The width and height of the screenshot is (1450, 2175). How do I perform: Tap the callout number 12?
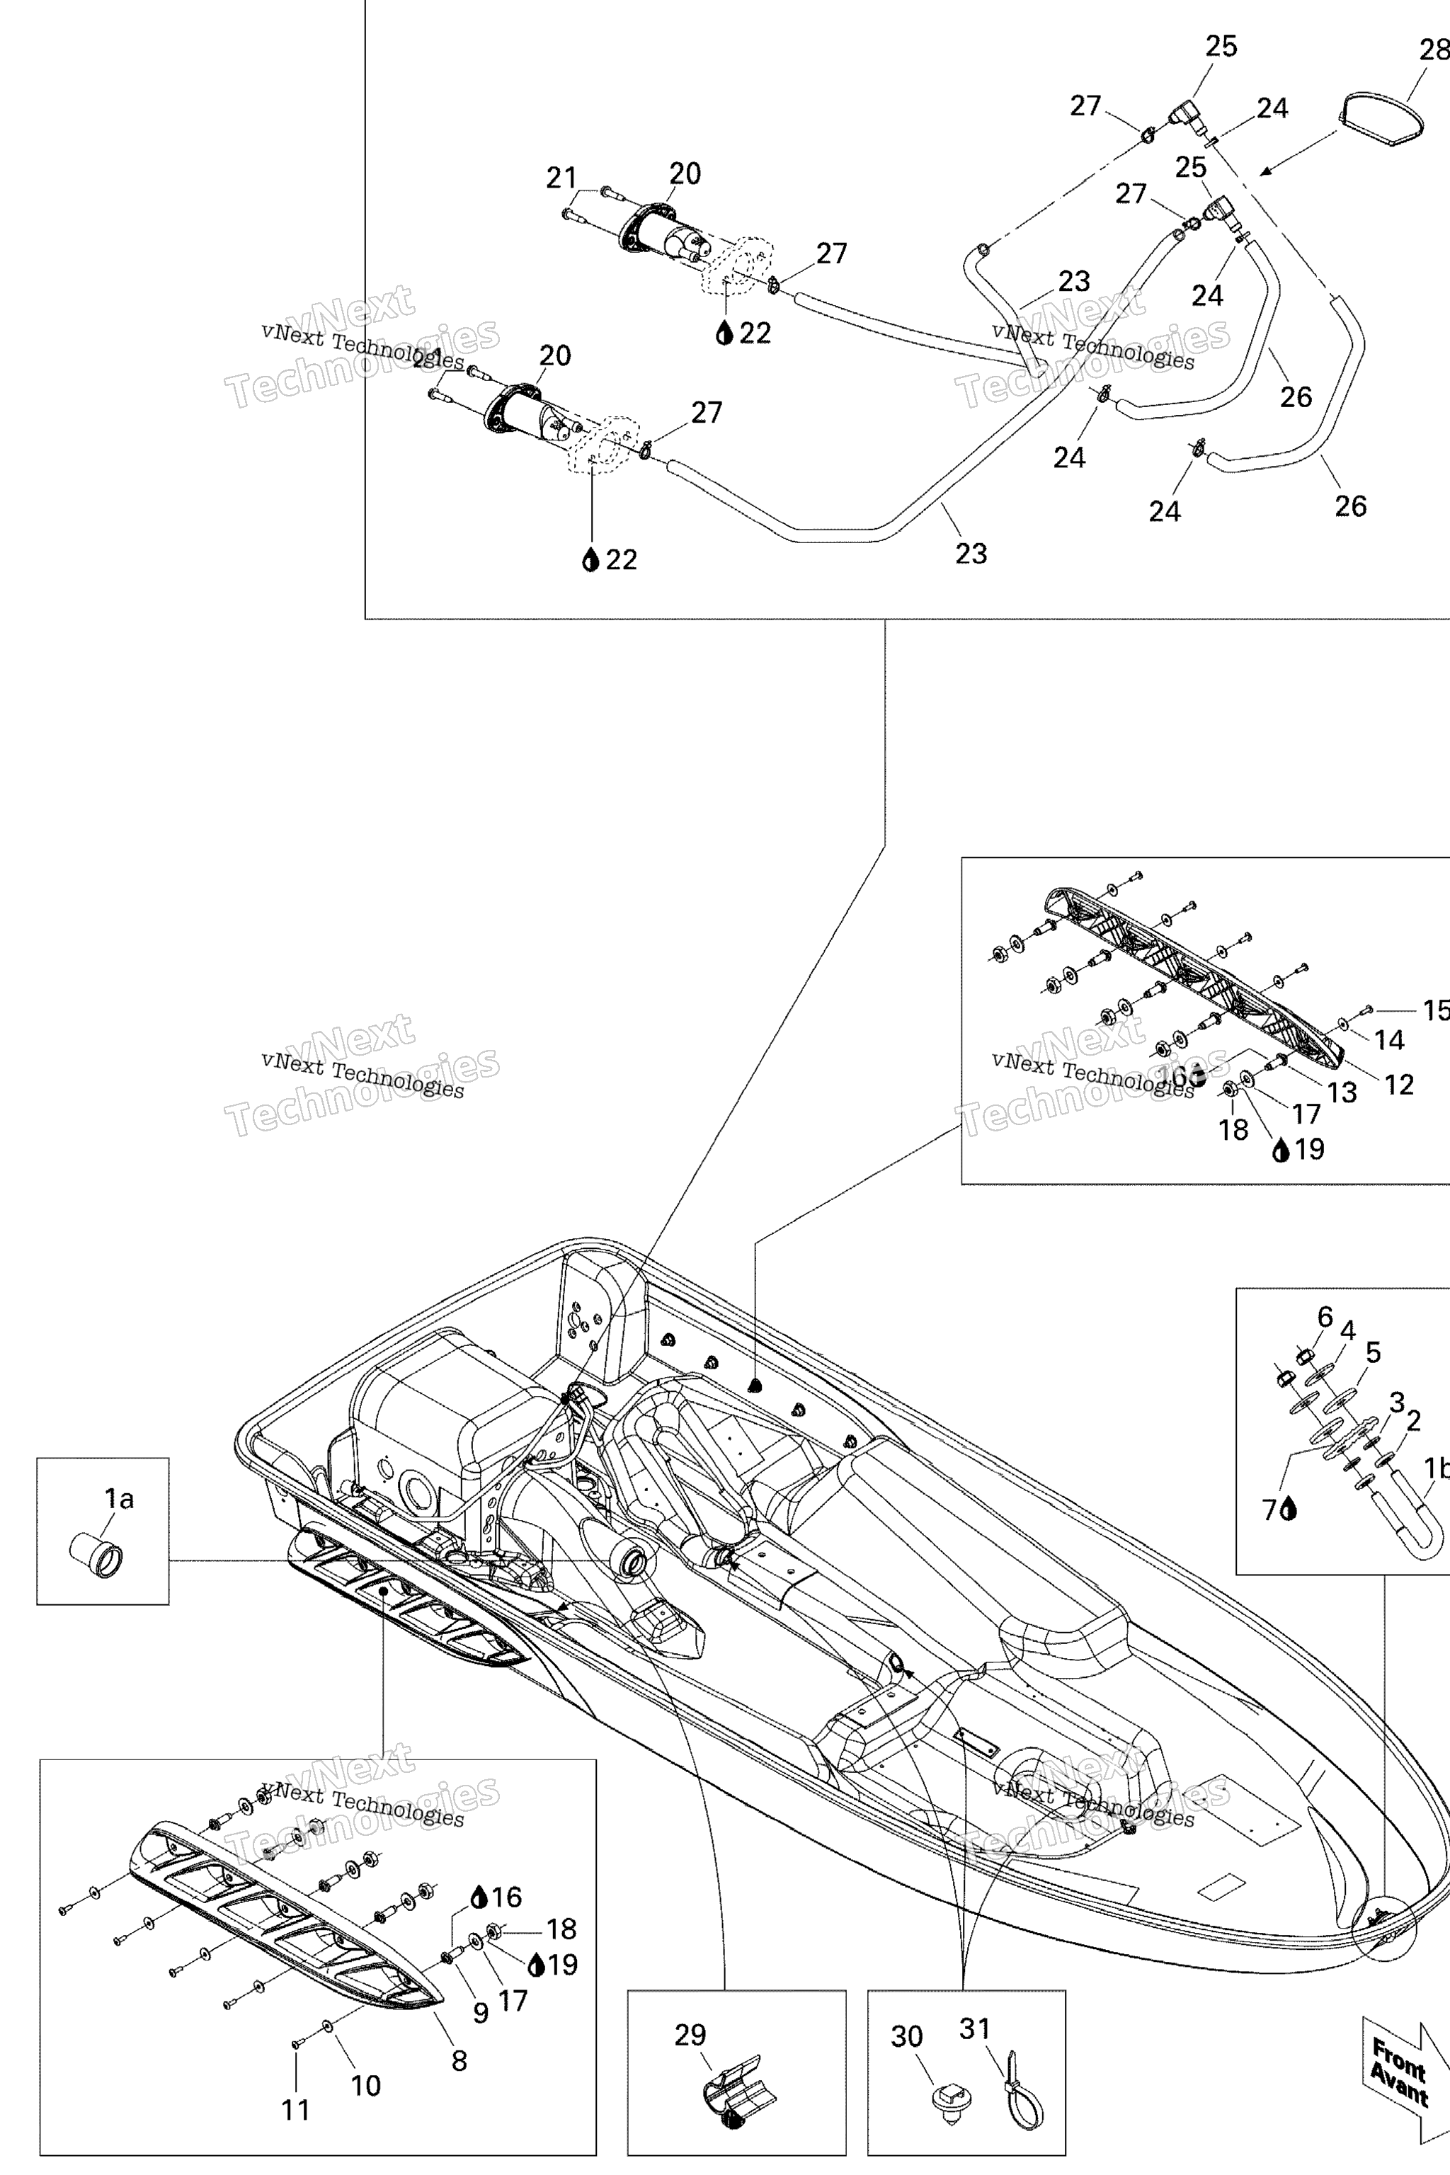pyautogui.click(x=1399, y=1085)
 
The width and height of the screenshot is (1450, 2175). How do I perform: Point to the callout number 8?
pyautogui.click(x=459, y=2060)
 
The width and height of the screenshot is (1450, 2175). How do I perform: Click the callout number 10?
pyautogui.click(x=366, y=2084)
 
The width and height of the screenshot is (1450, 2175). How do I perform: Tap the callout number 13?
pyautogui.click(x=1342, y=1092)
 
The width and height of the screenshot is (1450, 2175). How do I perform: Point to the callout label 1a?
pyautogui.click(x=118, y=1498)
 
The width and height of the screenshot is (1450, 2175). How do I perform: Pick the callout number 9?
pyautogui.click(x=481, y=2012)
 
